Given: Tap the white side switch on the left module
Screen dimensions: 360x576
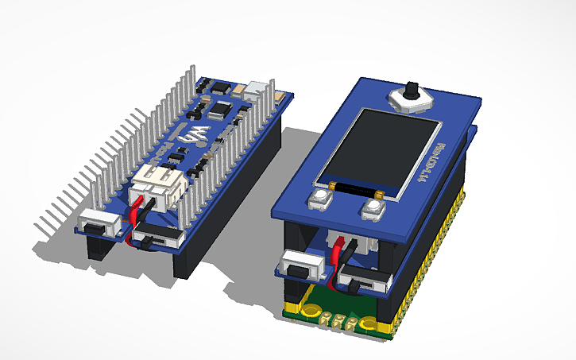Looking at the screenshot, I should (x=99, y=225).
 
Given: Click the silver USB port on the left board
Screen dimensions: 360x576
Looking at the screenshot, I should (x=257, y=89).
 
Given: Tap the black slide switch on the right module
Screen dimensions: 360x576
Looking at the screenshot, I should (x=361, y=279).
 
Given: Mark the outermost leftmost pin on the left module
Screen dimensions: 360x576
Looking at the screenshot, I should (x=37, y=232).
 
